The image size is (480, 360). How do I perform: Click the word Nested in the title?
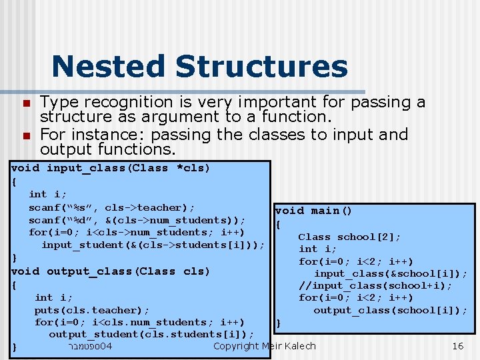pos(109,67)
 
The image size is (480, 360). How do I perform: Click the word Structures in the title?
pos(261,67)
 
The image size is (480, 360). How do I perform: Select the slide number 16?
pos(457,346)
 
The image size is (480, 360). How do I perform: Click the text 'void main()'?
pos(313,211)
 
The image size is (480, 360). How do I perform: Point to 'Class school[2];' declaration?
pos(349,237)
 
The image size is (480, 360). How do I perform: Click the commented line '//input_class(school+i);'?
pos(375,285)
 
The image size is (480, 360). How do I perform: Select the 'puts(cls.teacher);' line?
pos(92,310)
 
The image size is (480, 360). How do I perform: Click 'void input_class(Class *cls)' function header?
pos(111,168)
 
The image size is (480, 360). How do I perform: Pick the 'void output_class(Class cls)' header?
pos(111,271)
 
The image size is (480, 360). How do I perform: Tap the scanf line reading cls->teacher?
pos(111,207)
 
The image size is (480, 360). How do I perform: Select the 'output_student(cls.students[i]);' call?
pos(151,334)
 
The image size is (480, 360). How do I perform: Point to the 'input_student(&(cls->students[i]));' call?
pos(153,245)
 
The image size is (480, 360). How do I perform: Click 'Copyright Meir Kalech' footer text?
pos(264,346)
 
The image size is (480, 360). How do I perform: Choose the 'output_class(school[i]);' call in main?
pos(390,310)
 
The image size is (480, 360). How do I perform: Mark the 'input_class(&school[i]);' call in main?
pos(390,273)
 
